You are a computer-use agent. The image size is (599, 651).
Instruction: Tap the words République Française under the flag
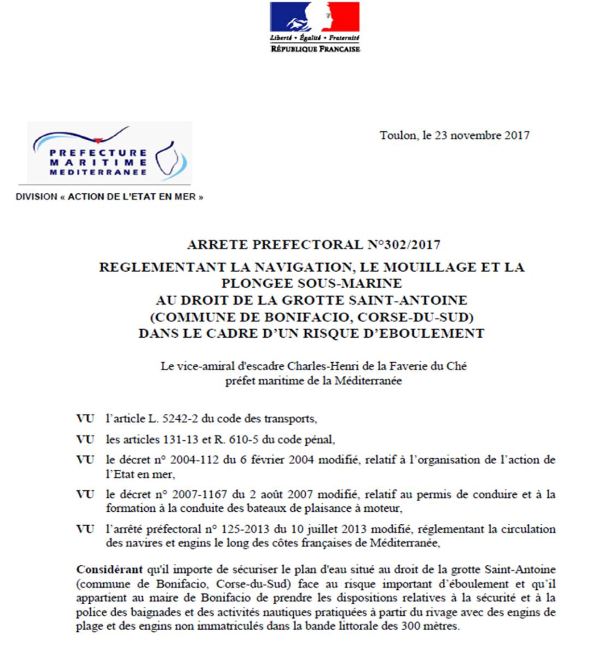point(315,49)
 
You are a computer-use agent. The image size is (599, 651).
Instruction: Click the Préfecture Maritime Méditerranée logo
point(109,153)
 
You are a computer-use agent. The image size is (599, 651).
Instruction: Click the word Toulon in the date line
point(398,135)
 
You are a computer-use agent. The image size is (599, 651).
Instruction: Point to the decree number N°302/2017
point(404,245)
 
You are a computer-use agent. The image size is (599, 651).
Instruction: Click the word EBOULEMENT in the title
point(424,333)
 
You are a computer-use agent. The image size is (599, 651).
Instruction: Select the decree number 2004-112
point(194,460)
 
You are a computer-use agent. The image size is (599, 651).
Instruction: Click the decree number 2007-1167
point(200,494)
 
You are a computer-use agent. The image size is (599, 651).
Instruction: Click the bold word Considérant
point(109,570)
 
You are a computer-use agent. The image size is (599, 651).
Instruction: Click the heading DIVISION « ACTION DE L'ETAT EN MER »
point(109,197)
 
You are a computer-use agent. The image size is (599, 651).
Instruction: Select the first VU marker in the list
point(85,419)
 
